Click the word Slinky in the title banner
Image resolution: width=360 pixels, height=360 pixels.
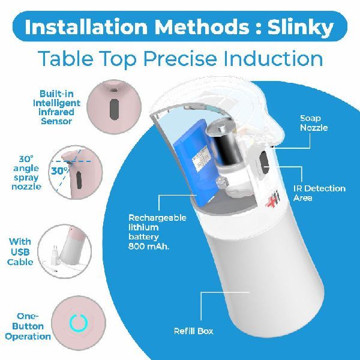point(301,28)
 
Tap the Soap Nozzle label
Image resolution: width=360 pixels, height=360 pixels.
point(314,123)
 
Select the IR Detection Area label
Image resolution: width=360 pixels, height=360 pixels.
point(319,193)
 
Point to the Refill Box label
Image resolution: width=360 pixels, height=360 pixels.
point(194,331)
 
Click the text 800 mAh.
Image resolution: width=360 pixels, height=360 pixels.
point(149,247)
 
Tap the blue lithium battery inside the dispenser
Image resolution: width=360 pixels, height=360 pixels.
point(194,161)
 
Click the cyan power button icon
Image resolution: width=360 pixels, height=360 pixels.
point(79,323)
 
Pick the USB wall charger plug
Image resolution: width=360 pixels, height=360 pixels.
point(55,253)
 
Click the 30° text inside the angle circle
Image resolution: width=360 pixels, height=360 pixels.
point(60,171)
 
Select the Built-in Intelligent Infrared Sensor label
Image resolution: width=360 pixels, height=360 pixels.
point(57,107)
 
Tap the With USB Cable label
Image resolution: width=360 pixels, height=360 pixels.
point(20,252)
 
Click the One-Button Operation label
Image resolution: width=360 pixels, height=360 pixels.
point(28,326)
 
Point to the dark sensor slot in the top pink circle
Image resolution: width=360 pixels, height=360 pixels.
point(114,109)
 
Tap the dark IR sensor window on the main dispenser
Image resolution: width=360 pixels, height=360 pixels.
point(264,163)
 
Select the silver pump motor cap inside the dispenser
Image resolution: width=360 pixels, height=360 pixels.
point(220,127)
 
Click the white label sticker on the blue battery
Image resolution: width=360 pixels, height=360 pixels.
point(202,158)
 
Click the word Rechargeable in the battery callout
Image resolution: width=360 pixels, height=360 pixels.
point(157,218)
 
